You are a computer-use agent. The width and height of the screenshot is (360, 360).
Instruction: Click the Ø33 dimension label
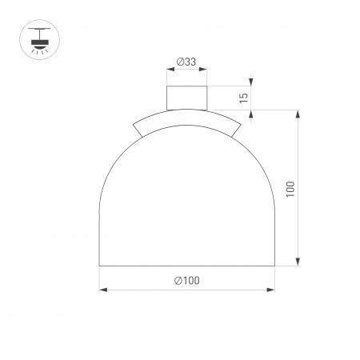(186, 62)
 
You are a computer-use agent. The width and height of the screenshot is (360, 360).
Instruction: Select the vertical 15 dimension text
(244, 98)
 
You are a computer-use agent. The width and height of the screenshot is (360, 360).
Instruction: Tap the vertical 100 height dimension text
(290, 190)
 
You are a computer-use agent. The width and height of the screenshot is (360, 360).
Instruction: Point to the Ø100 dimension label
(186, 281)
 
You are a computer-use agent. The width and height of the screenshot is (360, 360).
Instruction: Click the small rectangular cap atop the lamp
(186, 98)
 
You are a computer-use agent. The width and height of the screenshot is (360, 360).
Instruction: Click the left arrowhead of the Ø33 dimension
(170, 70)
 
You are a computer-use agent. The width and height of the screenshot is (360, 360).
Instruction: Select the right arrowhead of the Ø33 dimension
(203, 70)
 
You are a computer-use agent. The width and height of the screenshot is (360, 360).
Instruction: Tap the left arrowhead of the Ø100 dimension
(103, 290)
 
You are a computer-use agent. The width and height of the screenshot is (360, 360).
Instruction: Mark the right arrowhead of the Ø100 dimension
(270, 290)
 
